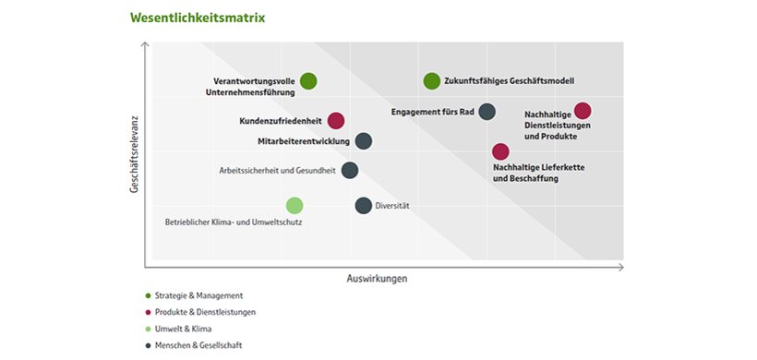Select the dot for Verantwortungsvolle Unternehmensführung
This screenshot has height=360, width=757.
[308, 81]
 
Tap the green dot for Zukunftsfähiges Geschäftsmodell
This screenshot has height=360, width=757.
[431, 81]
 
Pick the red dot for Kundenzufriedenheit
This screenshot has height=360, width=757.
[336, 120]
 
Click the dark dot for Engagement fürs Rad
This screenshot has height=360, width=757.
[487, 112]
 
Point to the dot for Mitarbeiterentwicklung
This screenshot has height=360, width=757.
[364, 141]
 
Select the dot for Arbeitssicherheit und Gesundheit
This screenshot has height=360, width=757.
[350, 170]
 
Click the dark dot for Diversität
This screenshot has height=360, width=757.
[364, 205]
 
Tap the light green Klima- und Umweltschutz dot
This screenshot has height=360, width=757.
[294, 205]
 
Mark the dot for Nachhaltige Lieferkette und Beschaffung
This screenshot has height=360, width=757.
[500, 151]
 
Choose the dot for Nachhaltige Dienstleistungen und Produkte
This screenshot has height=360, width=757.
[583, 111]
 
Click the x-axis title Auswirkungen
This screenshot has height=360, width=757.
[377, 278]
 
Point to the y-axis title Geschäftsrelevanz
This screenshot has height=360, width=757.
[134, 154]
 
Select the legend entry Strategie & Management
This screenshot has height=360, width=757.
[199, 295]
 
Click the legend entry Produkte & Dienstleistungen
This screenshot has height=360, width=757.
[206, 312]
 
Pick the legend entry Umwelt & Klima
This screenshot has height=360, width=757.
[187, 329]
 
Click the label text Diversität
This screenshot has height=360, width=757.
[393, 205]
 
